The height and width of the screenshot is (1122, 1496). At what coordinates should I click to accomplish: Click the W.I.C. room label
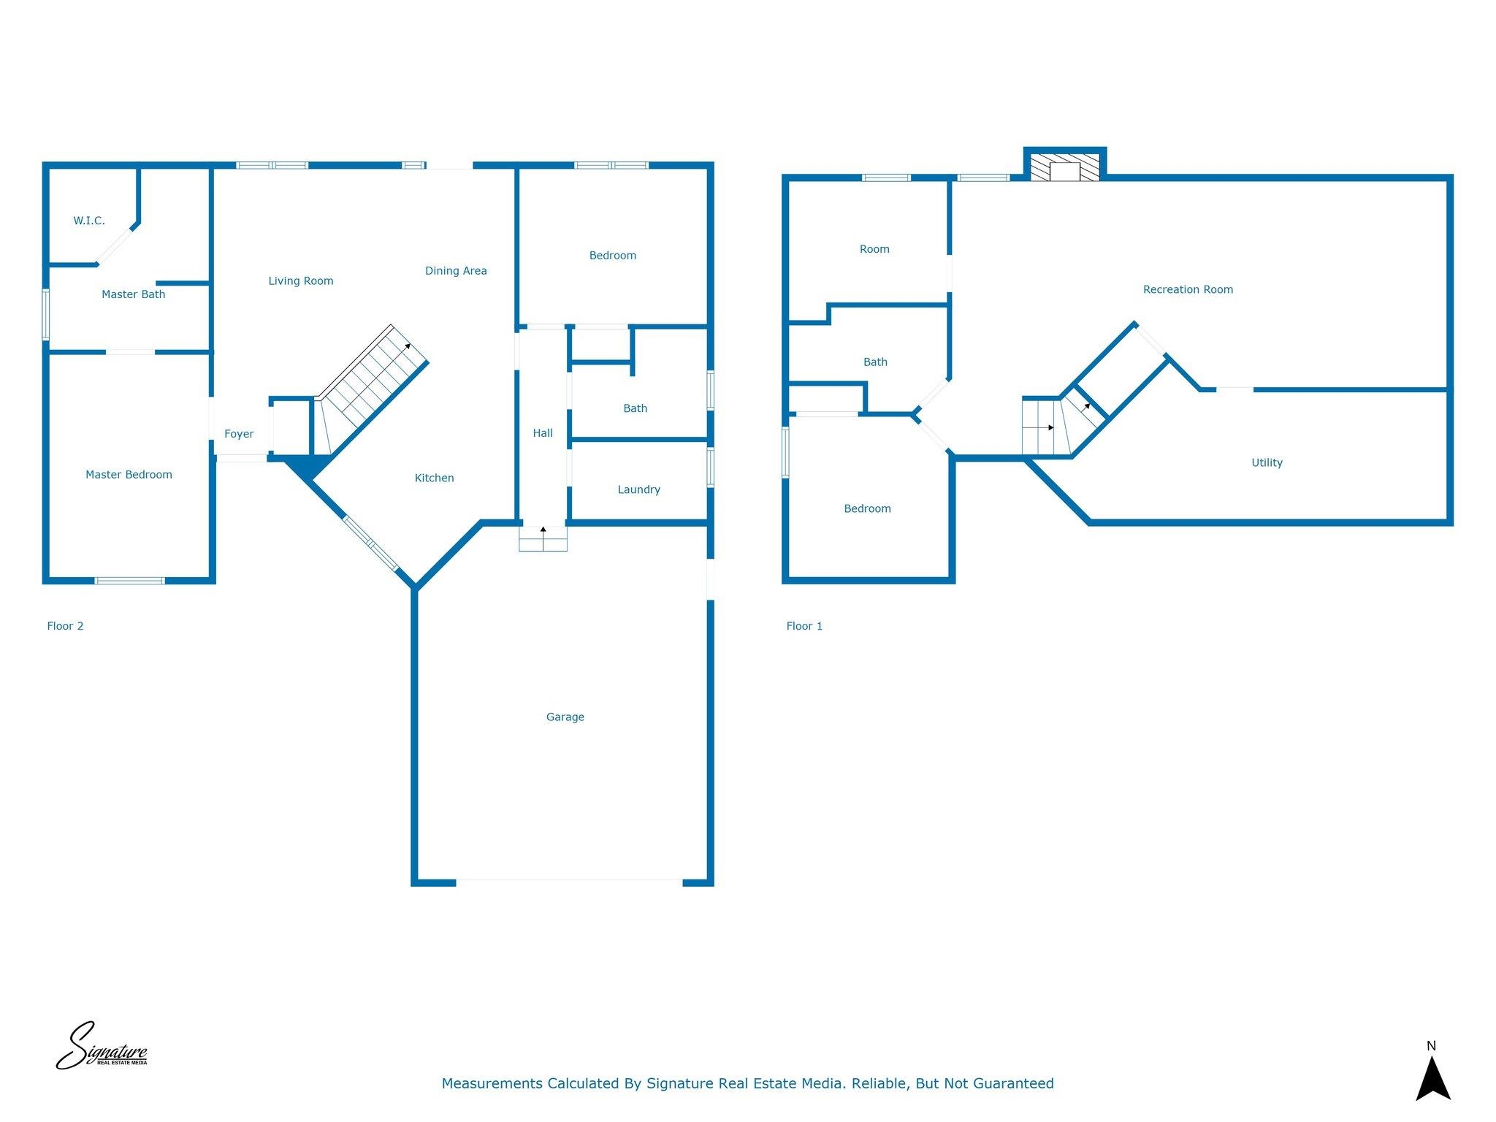[89, 221]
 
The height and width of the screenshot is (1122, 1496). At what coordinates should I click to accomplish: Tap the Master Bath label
[134, 294]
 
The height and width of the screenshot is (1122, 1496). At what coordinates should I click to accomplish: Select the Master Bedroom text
[129, 475]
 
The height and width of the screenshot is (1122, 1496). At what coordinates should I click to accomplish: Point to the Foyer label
[239, 434]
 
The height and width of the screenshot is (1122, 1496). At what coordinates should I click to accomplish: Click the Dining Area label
[456, 271]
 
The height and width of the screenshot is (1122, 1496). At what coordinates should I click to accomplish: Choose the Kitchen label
[435, 478]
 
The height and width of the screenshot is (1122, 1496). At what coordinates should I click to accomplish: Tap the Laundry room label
[639, 489]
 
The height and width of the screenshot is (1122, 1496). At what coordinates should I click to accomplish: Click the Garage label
[565, 717]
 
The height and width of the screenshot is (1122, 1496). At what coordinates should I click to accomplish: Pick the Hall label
[543, 433]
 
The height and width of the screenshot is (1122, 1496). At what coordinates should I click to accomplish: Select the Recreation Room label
[1188, 290]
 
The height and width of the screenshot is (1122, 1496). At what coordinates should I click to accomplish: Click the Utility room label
[1267, 462]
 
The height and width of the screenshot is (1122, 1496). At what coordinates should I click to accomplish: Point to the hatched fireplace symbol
[1065, 167]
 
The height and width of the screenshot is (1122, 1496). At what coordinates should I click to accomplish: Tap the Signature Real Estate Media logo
[102, 1045]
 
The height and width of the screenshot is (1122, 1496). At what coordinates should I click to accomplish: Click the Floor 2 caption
[65, 626]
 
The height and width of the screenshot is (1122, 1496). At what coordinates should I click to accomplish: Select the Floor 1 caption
[804, 626]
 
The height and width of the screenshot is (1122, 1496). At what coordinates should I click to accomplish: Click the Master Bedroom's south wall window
[130, 581]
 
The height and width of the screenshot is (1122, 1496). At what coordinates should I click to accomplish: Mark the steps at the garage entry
[543, 539]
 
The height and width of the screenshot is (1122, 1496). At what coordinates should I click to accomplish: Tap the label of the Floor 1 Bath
[875, 362]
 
